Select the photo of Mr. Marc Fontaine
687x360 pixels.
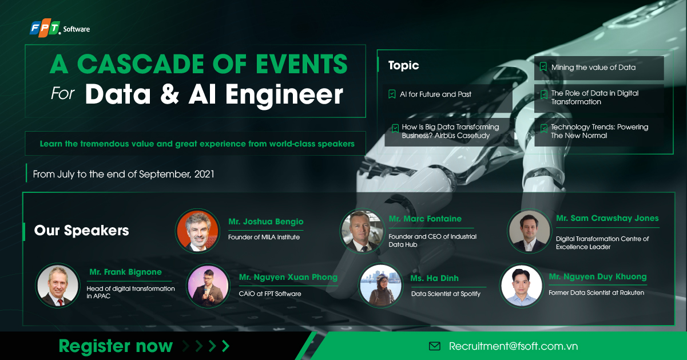point(362,231)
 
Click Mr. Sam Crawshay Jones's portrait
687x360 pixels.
point(529,231)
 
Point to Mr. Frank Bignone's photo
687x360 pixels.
point(57,284)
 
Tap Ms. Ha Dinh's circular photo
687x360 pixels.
point(380,284)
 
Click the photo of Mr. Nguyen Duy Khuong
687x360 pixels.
point(521,284)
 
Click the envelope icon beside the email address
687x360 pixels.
point(435,346)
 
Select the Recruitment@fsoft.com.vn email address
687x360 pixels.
point(513,346)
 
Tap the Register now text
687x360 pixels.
point(116,346)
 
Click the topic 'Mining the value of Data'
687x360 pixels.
point(593,68)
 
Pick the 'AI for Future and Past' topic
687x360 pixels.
point(435,94)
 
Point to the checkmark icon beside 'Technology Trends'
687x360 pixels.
point(543,128)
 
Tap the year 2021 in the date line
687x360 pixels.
point(204,174)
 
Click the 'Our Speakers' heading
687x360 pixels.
point(81,231)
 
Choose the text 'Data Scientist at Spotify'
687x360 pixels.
point(446,294)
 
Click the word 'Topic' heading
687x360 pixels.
point(403,66)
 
